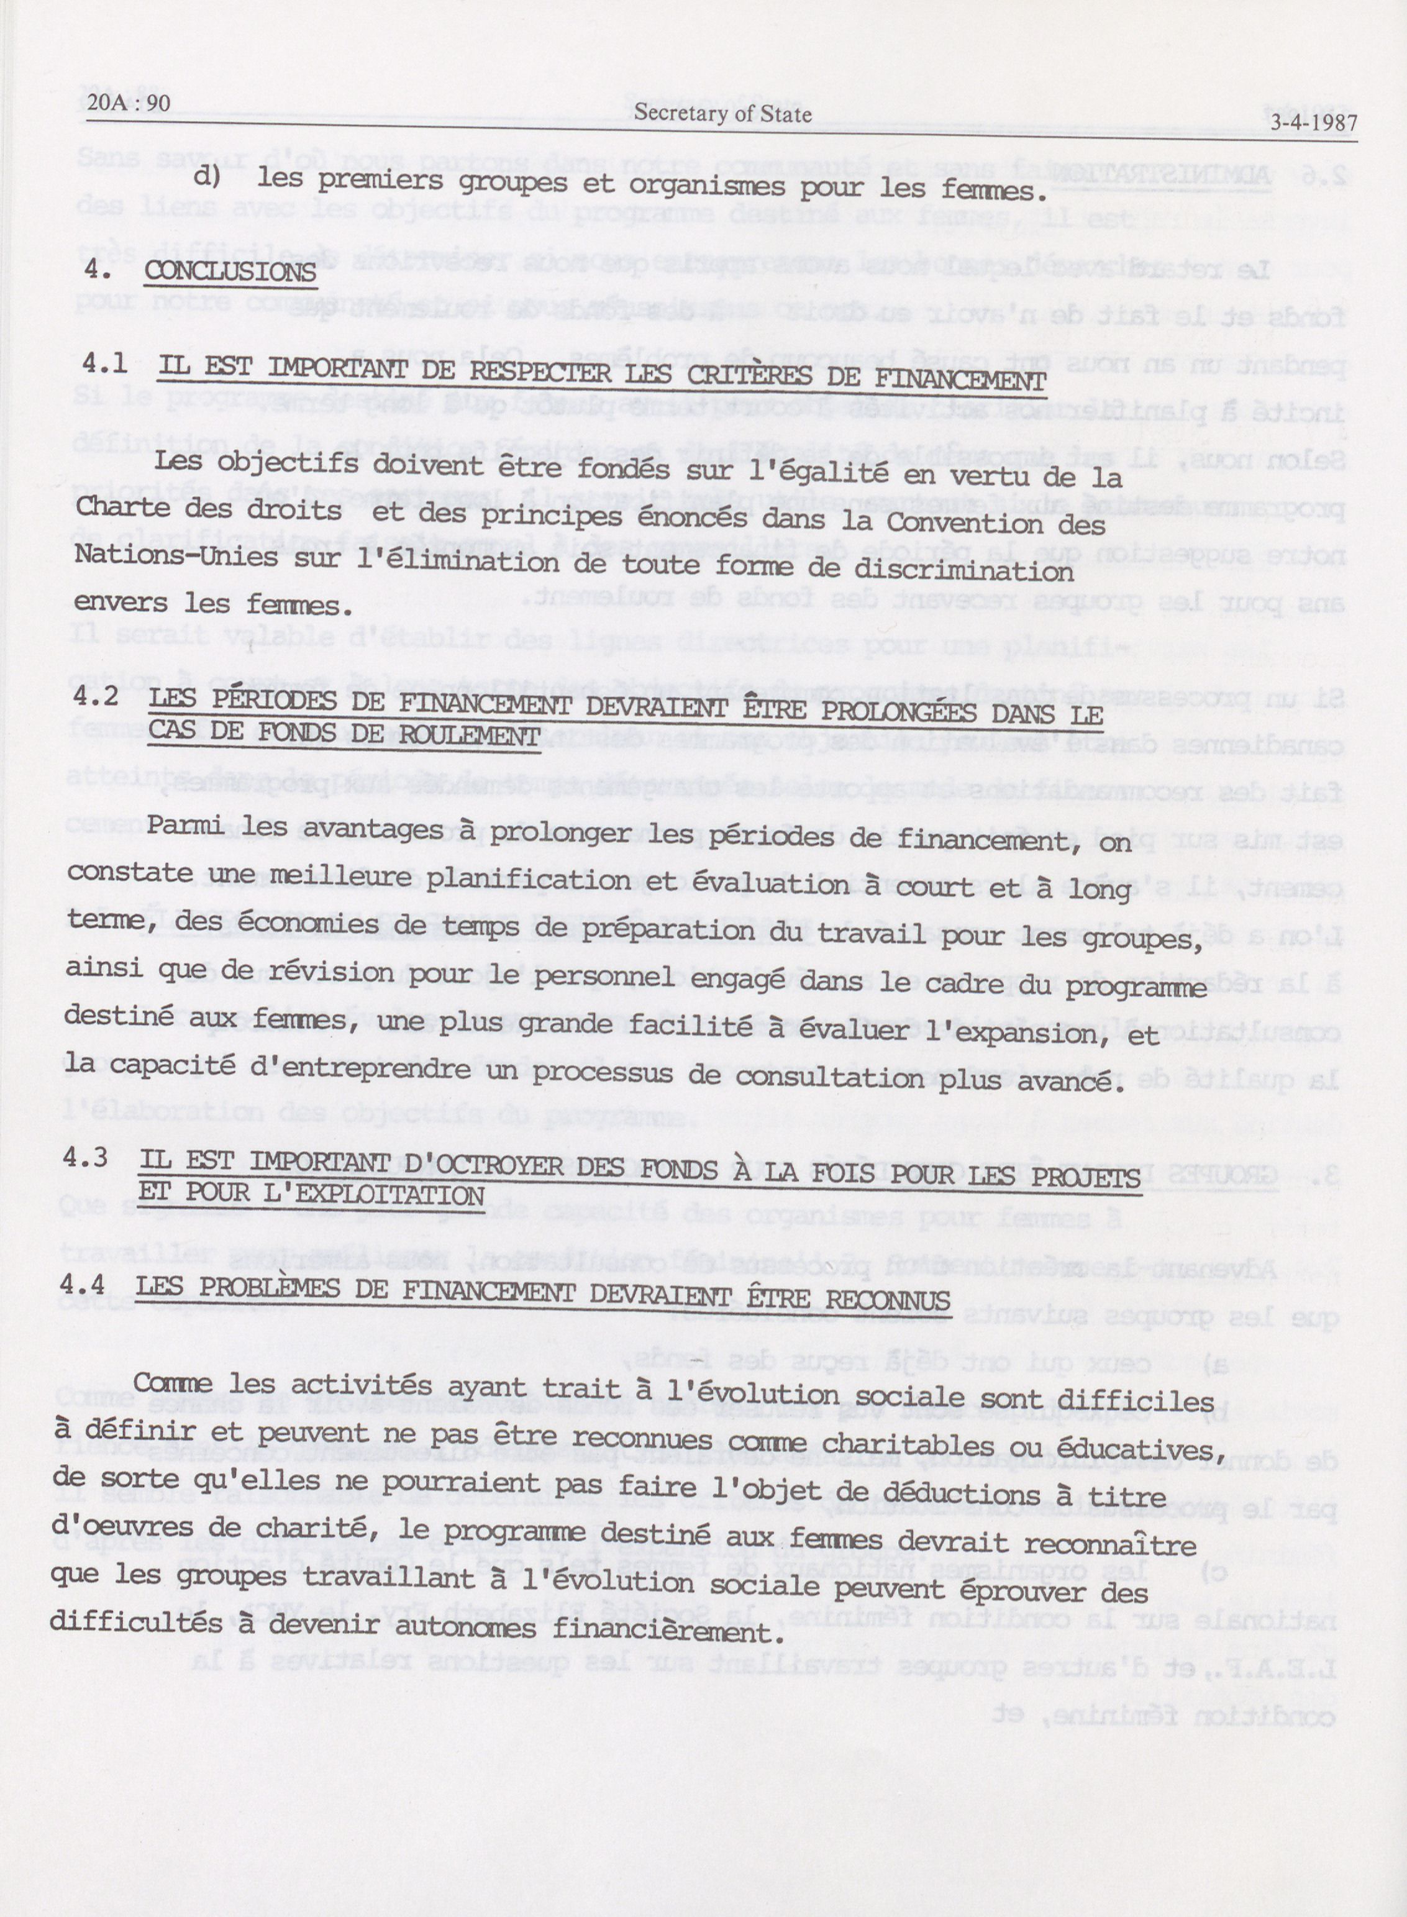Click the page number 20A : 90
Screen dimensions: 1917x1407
pos(128,104)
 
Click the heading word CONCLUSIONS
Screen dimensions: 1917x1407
pos(230,273)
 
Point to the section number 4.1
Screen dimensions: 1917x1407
pos(105,365)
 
